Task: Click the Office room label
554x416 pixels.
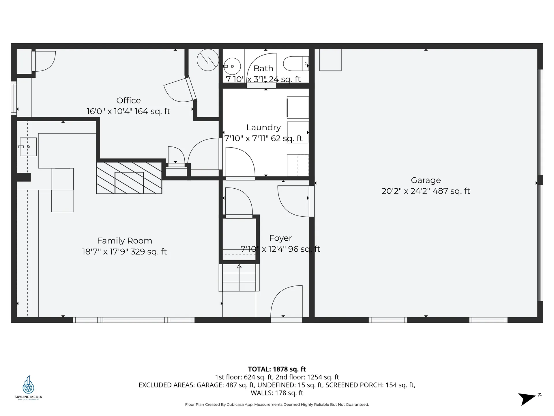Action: (128, 101)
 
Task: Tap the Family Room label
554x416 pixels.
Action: (124, 241)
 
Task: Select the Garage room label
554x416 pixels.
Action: (426, 181)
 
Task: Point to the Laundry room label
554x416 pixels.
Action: (263, 128)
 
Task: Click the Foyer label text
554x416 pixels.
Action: (280, 238)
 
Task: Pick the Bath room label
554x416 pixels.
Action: (263, 68)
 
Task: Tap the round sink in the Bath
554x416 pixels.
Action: (232, 66)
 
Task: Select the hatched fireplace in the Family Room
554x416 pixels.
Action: (129, 178)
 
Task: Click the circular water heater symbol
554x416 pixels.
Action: (208, 60)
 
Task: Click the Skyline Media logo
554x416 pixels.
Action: (28, 387)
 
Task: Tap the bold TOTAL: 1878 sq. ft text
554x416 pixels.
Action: (277, 369)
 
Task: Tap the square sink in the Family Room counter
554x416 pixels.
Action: (28, 147)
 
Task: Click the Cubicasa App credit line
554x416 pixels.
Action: (277, 404)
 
